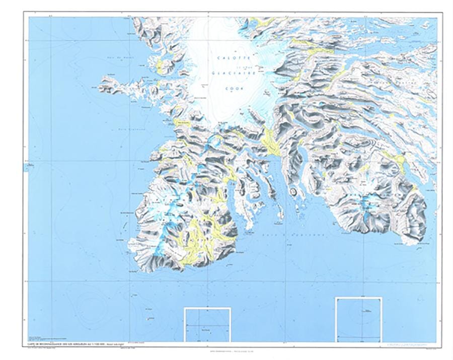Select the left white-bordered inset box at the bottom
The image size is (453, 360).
point(207,325)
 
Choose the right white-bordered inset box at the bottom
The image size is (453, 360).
point(359,319)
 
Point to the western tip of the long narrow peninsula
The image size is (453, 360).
point(104,79)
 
